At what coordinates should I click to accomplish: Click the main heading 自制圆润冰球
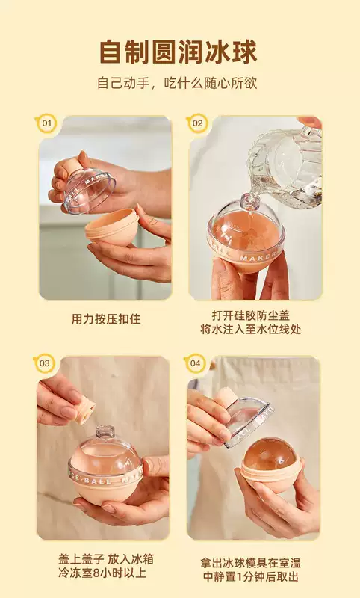pyautogui.click(x=179, y=52)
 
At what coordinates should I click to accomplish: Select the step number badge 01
pyautogui.click(x=46, y=123)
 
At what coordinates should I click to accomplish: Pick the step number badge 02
pyautogui.click(x=197, y=123)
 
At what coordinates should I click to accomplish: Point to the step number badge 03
pyautogui.click(x=45, y=363)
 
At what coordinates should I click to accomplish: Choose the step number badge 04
pyautogui.click(x=195, y=363)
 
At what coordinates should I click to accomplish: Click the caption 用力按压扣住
pyautogui.click(x=106, y=319)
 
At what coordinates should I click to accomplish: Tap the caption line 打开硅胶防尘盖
pyautogui.click(x=251, y=315)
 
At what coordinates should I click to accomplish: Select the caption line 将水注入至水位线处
pyautogui.click(x=251, y=330)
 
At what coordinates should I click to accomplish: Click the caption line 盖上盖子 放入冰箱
pyautogui.click(x=106, y=559)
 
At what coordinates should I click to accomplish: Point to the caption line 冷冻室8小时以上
pyautogui.click(x=102, y=573)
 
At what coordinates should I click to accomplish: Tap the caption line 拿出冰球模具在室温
pyautogui.click(x=251, y=563)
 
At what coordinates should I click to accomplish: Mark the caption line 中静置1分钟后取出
pyautogui.click(x=251, y=576)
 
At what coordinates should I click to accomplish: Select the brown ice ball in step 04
pyautogui.click(x=270, y=455)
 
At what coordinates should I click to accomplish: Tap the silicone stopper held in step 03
pyautogui.click(x=84, y=410)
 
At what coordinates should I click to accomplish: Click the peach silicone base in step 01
pyautogui.click(x=112, y=227)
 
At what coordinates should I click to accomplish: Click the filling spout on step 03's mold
pyautogui.click(x=105, y=432)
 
